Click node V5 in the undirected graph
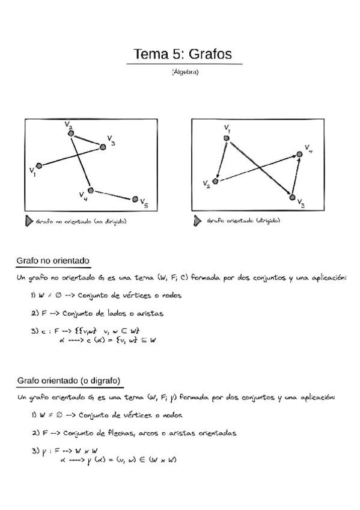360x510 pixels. [135, 199]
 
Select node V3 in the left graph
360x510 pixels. [103, 147]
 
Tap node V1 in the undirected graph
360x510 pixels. [39, 165]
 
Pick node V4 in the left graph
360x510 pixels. [90, 190]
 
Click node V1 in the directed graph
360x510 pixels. [227, 138]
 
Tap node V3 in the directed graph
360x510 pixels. [293, 197]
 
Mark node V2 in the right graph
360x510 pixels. [215, 181]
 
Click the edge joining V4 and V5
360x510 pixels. [113, 195]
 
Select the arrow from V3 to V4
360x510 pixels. [296, 176]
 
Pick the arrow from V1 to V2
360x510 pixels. [221, 159]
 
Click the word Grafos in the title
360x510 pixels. [210, 54]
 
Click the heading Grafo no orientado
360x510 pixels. [53, 261]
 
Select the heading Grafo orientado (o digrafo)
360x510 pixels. [69, 381]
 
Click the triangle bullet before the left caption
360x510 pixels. [29, 221]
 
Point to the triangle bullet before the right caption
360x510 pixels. [197, 221]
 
